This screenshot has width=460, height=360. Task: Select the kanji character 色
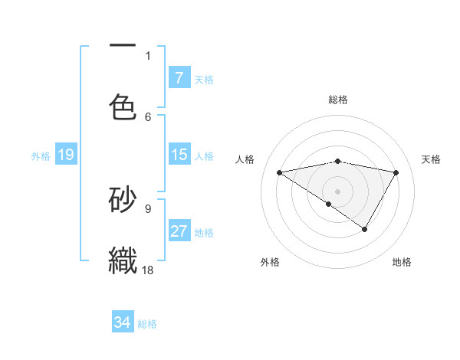(x=123, y=106)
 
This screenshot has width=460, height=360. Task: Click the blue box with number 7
(x=179, y=77)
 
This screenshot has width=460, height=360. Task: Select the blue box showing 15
(x=179, y=155)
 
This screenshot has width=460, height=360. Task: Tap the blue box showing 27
(x=179, y=231)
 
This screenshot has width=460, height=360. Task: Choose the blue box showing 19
(x=66, y=155)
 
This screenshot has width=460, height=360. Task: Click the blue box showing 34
(x=123, y=322)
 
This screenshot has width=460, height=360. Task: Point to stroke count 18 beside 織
(x=149, y=270)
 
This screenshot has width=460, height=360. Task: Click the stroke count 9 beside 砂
(x=148, y=207)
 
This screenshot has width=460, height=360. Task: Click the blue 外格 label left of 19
(x=41, y=155)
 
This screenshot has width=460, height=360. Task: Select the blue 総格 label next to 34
(x=147, y=323)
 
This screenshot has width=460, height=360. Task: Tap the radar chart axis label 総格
(x=338, y=100)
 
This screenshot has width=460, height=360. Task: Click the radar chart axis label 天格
(x=432, y=159)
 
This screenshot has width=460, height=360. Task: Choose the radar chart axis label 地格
(x=402, y=262)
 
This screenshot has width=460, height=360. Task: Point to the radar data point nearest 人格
(x=279, y=172)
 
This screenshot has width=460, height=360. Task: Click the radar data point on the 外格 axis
(x=329, y=204)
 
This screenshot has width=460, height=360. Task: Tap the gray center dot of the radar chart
(x=338, y=191)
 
